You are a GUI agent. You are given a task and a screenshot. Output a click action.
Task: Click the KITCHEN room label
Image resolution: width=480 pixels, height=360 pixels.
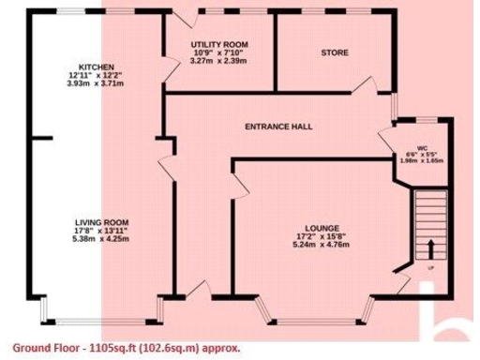point(97,67)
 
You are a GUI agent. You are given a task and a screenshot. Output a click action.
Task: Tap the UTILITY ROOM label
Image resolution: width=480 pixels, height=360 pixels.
point(217,45)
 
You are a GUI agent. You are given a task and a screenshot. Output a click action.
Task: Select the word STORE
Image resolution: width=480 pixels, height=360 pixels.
point(335,52)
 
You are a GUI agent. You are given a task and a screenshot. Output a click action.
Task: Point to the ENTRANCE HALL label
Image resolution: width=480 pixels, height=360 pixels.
point(278,126)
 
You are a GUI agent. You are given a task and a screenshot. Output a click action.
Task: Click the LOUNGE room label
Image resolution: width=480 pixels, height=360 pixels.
point(322,228)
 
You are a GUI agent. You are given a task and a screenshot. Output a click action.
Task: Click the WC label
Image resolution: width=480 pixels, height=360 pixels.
point(423,148)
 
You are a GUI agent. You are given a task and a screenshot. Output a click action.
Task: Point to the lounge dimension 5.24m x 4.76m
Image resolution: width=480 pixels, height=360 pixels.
point(322,245)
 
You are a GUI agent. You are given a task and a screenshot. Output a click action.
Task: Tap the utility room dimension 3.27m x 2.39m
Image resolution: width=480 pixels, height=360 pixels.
point(217,61)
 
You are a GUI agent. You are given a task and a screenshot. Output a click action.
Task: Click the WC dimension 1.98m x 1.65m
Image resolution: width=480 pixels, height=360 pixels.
point(423,161)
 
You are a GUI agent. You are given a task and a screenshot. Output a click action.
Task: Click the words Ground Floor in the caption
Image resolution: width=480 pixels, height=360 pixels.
point(44,347)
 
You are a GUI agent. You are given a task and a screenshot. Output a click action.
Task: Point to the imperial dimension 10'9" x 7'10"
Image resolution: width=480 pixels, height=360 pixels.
point(217,53)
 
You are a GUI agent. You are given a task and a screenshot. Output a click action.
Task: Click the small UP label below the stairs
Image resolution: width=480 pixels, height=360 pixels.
point(430,268)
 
